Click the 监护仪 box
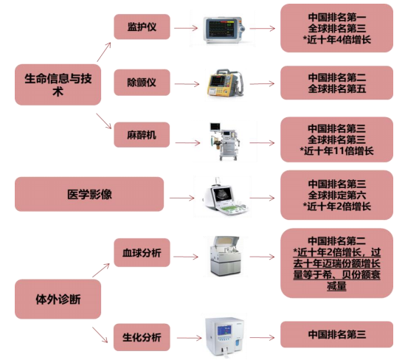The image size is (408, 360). tap(142, 27)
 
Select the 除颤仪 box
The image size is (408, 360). tap(142, 83)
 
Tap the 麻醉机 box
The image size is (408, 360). tap(142, 135)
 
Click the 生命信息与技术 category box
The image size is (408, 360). tap(58, 85)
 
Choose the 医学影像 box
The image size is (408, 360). tap(89, 194)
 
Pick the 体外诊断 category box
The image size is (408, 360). tap(58, 299)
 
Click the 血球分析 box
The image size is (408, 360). tap(142, 252)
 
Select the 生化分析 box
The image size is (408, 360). tap(142, 337)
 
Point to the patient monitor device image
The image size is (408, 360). tap(224, 30)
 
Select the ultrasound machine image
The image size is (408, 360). tap(224, 197)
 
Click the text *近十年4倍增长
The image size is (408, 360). tap(336, 40)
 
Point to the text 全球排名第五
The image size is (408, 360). tap(337, 89)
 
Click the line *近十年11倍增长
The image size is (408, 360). tap(336, 151)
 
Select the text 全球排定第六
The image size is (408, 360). tap(337, 195)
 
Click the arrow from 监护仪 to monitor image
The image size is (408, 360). tap(186, 28)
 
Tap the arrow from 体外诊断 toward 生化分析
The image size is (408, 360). tap(100, 335)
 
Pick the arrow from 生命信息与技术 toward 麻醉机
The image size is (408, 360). tap(103, 121)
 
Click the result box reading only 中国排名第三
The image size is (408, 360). tap(336, 334)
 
